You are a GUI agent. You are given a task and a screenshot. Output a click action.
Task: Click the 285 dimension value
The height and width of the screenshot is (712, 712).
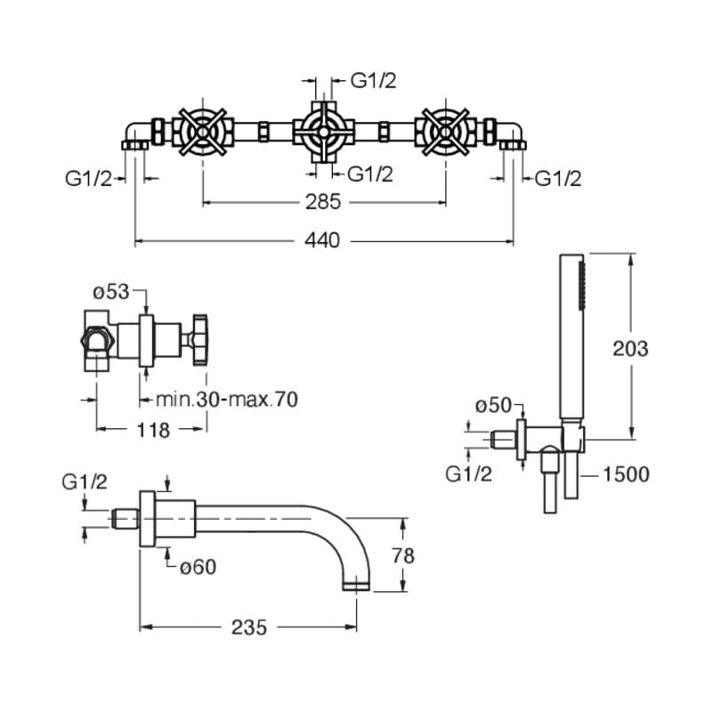(322, 202)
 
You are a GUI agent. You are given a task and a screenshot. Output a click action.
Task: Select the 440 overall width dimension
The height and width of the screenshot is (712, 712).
(322, 240)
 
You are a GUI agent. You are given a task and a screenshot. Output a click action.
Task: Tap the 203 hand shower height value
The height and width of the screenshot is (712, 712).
(630, 347)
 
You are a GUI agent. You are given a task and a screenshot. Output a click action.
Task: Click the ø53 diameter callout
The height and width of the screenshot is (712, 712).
(112, 292)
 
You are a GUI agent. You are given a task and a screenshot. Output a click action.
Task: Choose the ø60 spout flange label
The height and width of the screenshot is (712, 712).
(197, 567)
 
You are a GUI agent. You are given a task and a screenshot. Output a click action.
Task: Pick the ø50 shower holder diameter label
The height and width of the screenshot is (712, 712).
(494, 406)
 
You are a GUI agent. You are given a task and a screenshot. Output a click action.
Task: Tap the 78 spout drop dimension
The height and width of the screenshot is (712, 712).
(403, 554)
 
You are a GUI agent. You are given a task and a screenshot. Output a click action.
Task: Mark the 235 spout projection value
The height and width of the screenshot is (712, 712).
(248, 627)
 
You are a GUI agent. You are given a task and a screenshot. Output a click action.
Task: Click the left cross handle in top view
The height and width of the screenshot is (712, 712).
(204, 133)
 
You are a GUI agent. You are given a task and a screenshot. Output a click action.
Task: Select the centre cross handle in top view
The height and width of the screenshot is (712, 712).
(322, 131)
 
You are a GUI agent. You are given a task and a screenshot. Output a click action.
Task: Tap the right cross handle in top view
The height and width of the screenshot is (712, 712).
(443, 133)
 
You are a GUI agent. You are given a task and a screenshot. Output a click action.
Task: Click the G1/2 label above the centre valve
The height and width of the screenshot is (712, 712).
(373, 81)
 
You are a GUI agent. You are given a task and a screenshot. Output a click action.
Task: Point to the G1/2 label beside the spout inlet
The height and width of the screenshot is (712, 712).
(85, 481)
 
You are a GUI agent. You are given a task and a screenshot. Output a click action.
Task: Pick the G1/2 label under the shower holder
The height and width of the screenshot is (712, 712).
(468, 474)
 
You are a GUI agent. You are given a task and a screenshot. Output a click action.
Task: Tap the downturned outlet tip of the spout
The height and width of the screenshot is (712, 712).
(357, 584)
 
